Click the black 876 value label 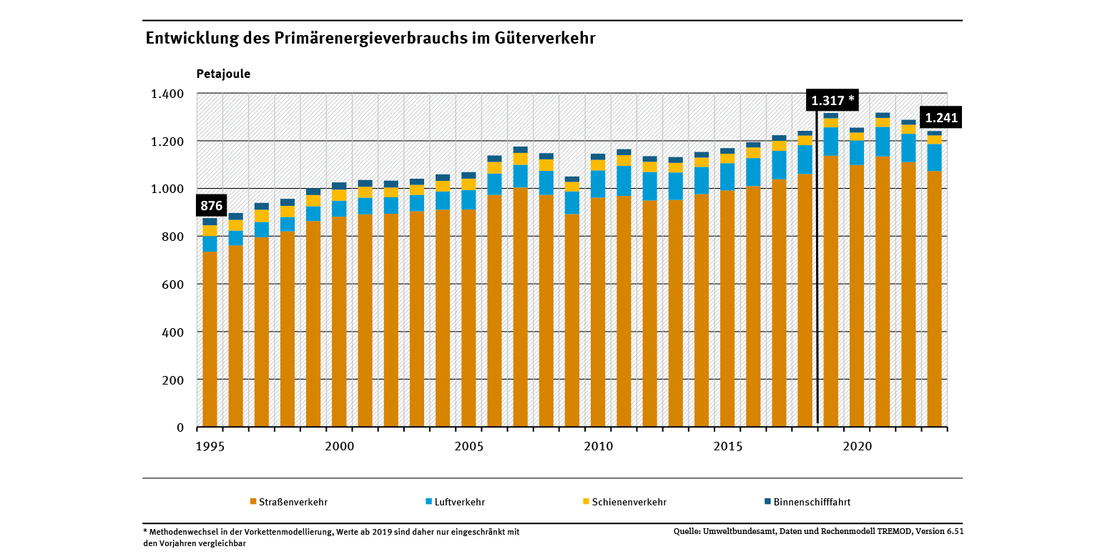tap(212, 207)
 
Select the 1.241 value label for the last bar tap(941, 118)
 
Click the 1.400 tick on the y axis tap(167, 94)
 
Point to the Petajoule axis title tap(223, 74)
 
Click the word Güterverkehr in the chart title tap(544, 38)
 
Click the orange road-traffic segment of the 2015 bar tap(727, 307)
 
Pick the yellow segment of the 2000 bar tap(339, 195)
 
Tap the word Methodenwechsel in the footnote tap(182, 532)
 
